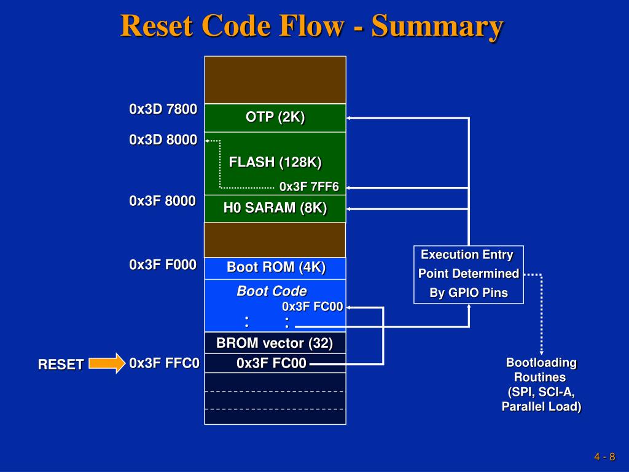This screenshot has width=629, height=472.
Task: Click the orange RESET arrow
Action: [107, 363]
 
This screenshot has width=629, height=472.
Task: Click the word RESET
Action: [61, 364]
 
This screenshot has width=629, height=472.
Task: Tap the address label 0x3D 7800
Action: [163, 109]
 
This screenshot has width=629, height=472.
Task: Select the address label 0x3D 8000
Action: [163, 140]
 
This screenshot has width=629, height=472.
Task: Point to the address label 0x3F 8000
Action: [162, 201]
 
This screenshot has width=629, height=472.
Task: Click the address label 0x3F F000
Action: [163, 265]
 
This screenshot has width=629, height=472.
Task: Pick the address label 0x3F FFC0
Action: [165, 363]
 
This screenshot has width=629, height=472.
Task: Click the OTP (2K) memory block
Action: [275, 118]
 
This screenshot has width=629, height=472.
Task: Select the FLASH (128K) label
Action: [275, 162]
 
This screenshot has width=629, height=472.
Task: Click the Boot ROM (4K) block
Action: [275, 268]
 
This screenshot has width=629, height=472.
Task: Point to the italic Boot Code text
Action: [272, 291]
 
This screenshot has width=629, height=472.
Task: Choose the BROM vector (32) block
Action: [275, 343]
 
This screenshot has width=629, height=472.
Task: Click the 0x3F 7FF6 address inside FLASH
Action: [310, 187]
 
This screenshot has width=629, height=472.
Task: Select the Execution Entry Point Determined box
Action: [469, 275]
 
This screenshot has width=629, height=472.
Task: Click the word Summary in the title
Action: [437, 26]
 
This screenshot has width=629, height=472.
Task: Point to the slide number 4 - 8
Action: [605, 457]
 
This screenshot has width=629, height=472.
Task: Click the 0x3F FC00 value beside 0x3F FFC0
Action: [272, 363]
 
